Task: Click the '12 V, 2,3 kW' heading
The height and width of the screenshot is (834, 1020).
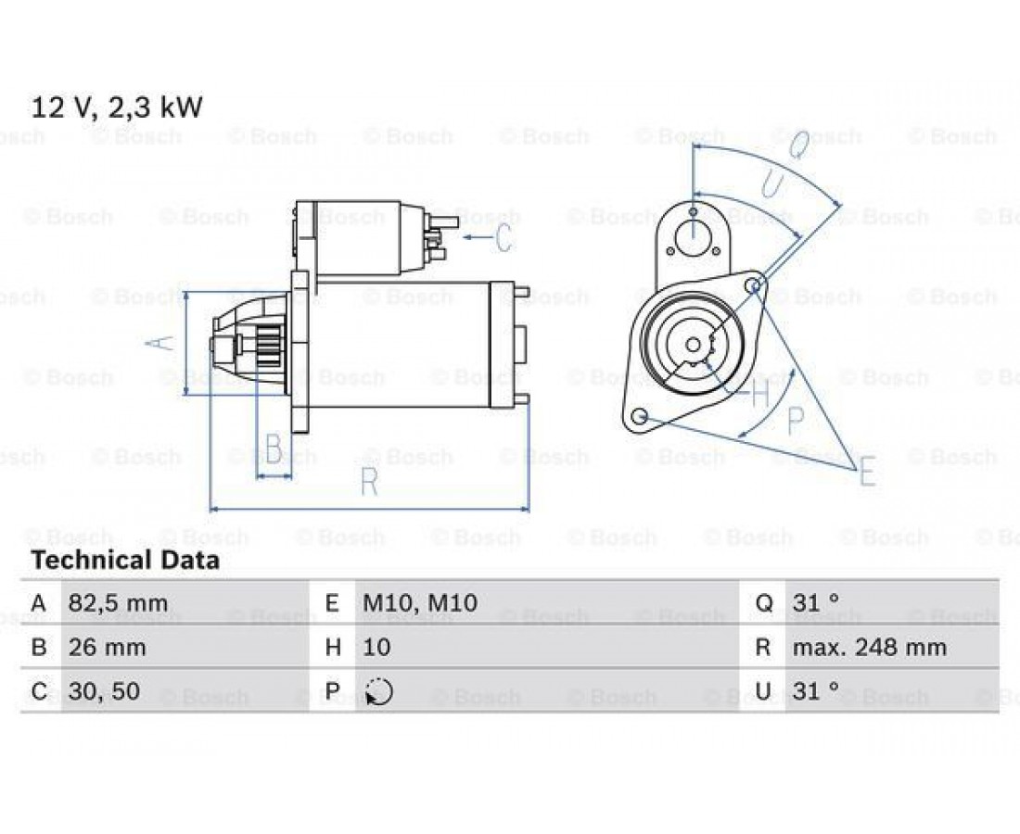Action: (x=117, y=107)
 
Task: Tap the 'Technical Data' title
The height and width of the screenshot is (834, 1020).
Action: (x=125, y=561)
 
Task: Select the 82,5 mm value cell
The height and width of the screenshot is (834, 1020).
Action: (x=118, y=603)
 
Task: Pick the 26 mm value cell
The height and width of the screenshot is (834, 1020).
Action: (x=107, y=648)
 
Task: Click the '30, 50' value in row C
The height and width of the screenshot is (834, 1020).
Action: (x=104, y=691)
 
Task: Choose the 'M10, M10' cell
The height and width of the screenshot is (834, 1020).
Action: (x=420, y=603)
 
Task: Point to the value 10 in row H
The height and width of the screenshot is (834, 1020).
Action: (x=376, y=648)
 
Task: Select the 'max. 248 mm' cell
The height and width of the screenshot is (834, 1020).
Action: (x=870, y=648)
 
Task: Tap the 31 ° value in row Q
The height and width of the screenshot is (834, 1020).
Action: (x=816, y=603)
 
